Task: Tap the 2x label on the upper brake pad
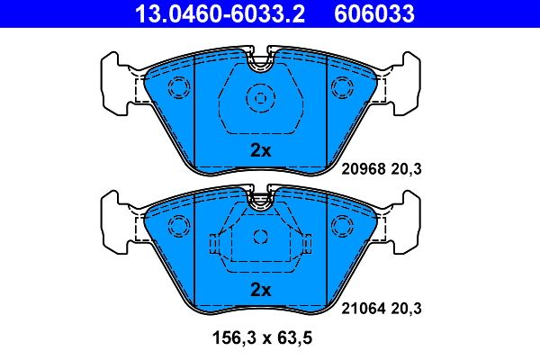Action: (260, 151)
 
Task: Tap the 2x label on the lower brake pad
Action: (260, 289)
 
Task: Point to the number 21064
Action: (364, 308)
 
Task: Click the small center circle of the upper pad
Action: (260, 99)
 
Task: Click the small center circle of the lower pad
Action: (260, 238)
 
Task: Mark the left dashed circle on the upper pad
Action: (179, 88)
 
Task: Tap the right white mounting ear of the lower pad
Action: (405, 221)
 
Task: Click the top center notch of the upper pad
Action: (260, 64)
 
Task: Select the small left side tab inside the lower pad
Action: (214, 244)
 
